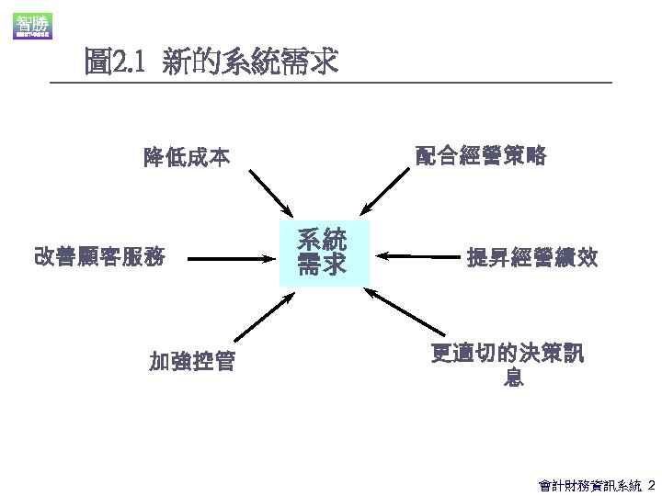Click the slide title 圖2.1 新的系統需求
click(211, 62)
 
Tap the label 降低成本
click(187, 157)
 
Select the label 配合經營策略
click(481, 156)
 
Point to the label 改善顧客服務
click(99, 257)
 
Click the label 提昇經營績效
click(532, 258)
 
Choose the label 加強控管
click(192, 362)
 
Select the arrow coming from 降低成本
click(270, 193)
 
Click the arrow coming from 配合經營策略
click(387, 192)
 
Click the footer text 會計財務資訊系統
click(589, 483)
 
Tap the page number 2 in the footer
click(651, 483)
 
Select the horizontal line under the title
click(331, 84)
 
